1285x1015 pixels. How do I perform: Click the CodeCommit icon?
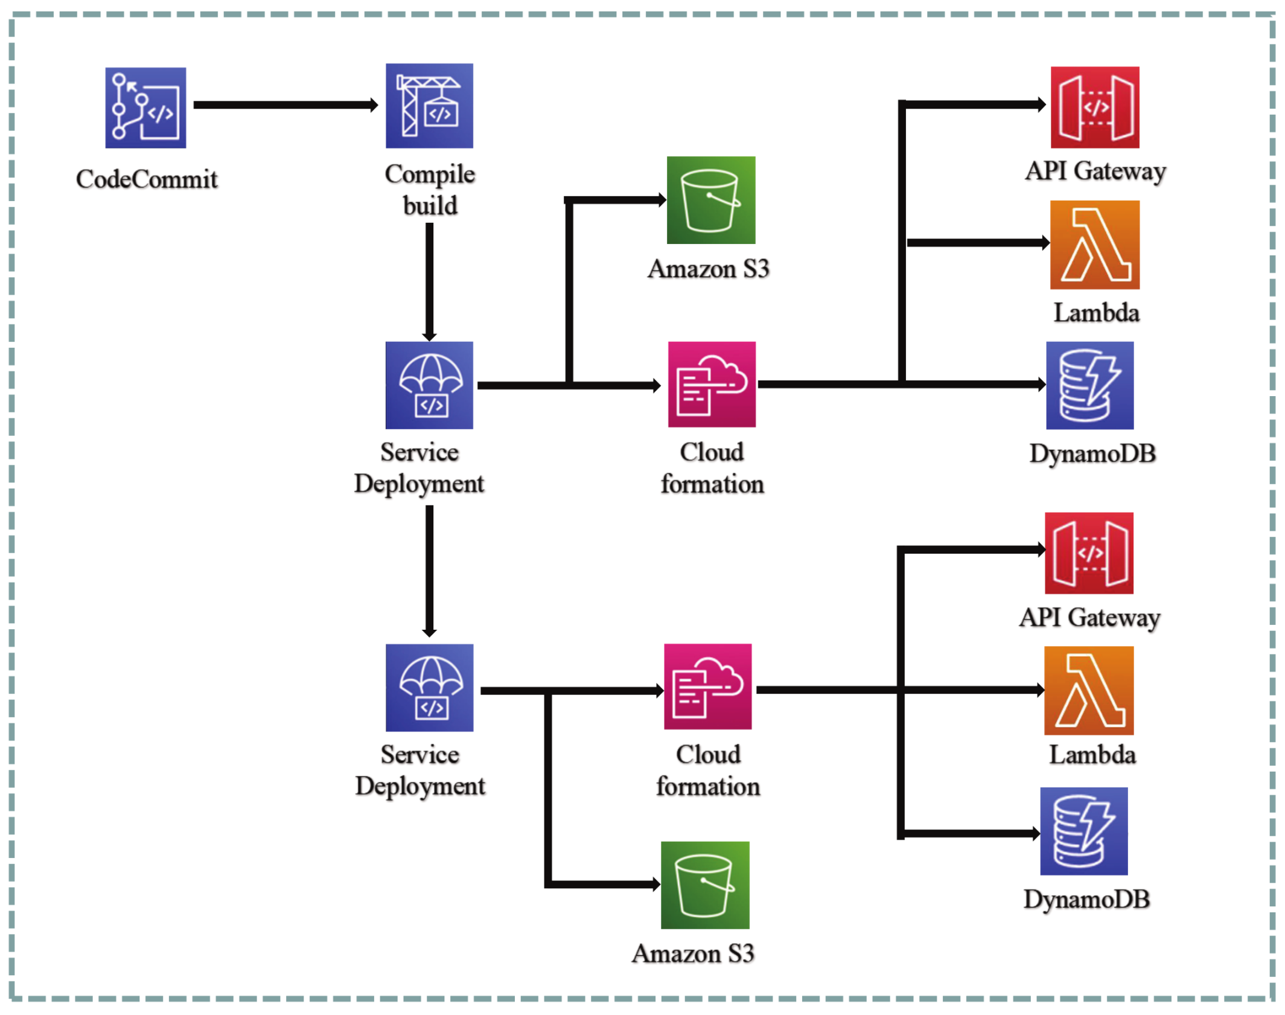(x=145, y=107)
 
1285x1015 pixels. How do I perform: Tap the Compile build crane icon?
(x=429, y=106)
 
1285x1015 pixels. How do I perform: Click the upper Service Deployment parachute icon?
(x=429, y=385)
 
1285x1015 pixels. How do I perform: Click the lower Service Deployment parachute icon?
(x=429, y=687)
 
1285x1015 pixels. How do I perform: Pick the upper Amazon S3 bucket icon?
(x=710, y=200)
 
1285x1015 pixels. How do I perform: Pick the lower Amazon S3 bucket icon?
(x=704, y=885)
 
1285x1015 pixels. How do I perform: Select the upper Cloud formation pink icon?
(x=711, y=384)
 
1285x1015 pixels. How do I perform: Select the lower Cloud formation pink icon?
(x=707, y=686)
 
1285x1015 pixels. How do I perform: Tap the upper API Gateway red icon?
(x=1094, y=107)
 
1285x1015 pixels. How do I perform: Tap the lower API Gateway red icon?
(x=1088, y=552)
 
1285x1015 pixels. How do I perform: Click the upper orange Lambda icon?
(x=1094, y=245)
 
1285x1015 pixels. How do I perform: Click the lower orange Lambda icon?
(x=1088, y=690)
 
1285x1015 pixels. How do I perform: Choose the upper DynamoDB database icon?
(x=1089, y=385)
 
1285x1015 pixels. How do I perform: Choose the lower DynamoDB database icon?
(x=1083, y=831)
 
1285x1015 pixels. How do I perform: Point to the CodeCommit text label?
(x=146, y=179)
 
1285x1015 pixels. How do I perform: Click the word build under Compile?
(x=430, y=205)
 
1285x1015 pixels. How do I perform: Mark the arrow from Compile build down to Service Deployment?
(x=429, y=281)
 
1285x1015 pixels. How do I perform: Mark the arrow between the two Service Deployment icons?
(x=429, y=570)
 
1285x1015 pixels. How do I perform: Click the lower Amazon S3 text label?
(x=692, y=953)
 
